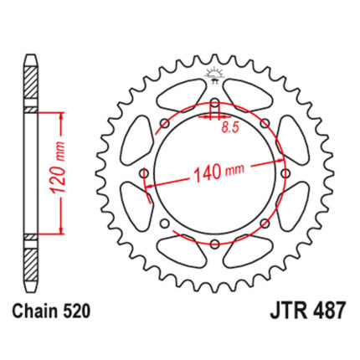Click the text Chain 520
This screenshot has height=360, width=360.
[x=52, y=311]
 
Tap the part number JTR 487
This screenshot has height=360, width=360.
[x=307, y=311]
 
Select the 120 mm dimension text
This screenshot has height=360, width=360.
[x=59, y=169]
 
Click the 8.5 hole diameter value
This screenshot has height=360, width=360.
[x=230, y=127]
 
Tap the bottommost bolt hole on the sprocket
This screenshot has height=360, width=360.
[x=214, y=244]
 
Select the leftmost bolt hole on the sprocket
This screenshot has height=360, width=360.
[x=145, y=174]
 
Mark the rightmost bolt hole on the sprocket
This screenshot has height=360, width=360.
[x=285, y=173]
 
